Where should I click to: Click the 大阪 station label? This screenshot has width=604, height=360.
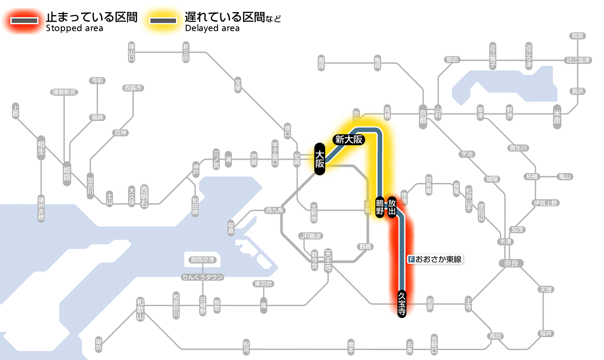click(x=320, y=159)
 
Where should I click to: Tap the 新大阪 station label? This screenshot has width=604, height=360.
click(x=349, y=139)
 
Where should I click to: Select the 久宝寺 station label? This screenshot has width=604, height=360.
click(x=402, y=304)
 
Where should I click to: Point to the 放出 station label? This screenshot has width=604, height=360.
click(x=392, y=207)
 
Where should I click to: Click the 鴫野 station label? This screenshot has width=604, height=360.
click(x=380, y=207)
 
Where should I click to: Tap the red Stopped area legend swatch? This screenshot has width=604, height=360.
click(x=26, y=20)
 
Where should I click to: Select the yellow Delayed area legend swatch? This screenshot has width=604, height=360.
click(x=163, y=20)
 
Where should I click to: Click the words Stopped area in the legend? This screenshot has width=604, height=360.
click(x=74, y=28)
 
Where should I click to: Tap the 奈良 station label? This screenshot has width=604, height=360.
click(x=511, y=263)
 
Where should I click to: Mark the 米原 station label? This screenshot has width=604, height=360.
click(x=558, y=117)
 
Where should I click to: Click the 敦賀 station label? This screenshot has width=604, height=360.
click(x=577, y=36)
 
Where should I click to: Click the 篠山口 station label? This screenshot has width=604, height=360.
click(x=131, y=52)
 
